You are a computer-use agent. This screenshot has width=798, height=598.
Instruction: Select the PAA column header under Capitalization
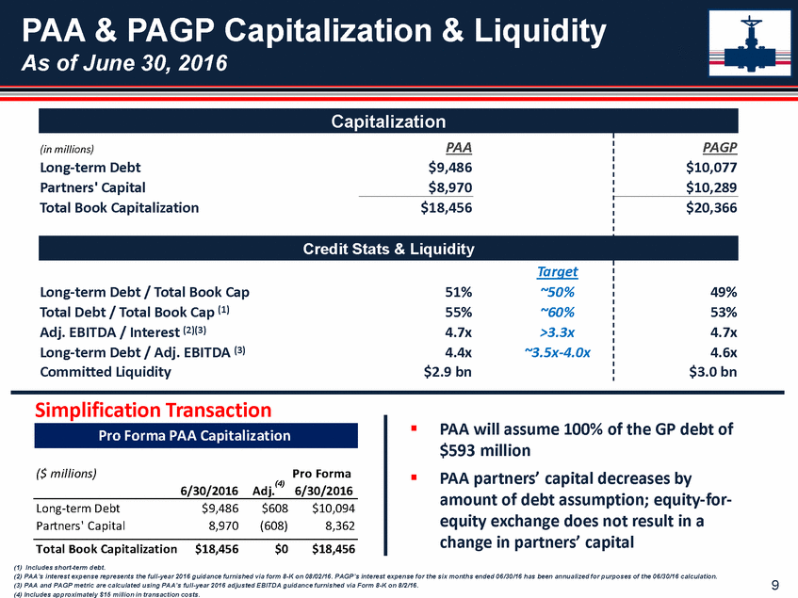[x=458, y=148]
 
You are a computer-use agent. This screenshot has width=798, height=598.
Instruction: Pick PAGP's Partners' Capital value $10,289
[x=712, y=188]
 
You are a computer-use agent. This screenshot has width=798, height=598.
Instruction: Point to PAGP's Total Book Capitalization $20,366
[x=712, y=208]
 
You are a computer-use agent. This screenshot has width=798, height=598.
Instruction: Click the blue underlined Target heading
[x=558, y=272]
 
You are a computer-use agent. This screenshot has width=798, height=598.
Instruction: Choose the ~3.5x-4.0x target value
[x=558, y=351]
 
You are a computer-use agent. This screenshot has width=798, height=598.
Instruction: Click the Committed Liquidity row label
[x=106, y=371]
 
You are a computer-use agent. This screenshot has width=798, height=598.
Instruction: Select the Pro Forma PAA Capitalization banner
[x=196, y=436]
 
